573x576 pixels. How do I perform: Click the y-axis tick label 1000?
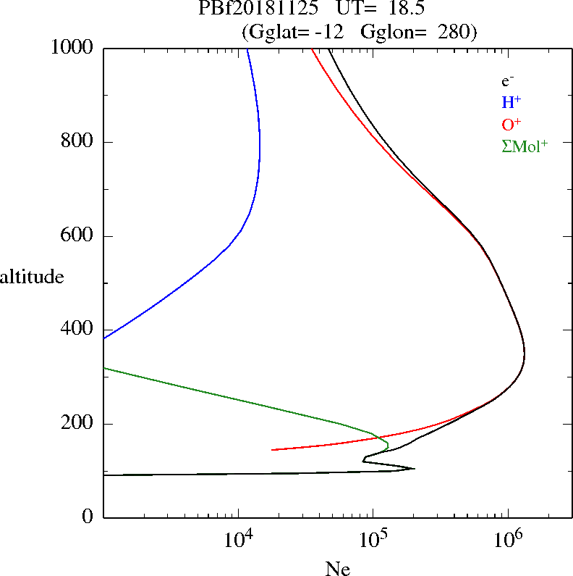(x=73, y=48)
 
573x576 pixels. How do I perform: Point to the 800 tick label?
(x=78, y=142)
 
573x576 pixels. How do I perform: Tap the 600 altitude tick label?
(x=78, y=236)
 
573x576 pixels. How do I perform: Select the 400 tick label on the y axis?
(x=78, y=330)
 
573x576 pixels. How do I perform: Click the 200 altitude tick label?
(x=78, y=424)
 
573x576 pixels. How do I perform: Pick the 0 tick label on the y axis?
(x=89, y=517)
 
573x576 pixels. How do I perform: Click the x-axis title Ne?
(x=336, y=568)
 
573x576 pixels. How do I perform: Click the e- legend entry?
(x=508, y=81)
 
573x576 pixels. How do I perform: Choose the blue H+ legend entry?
(x=511, y=102)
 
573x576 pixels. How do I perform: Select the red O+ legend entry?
(x=512, y=123)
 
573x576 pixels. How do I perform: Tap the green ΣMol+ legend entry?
(x=525, y=145)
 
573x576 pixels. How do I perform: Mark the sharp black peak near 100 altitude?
(x=414, y=468)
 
